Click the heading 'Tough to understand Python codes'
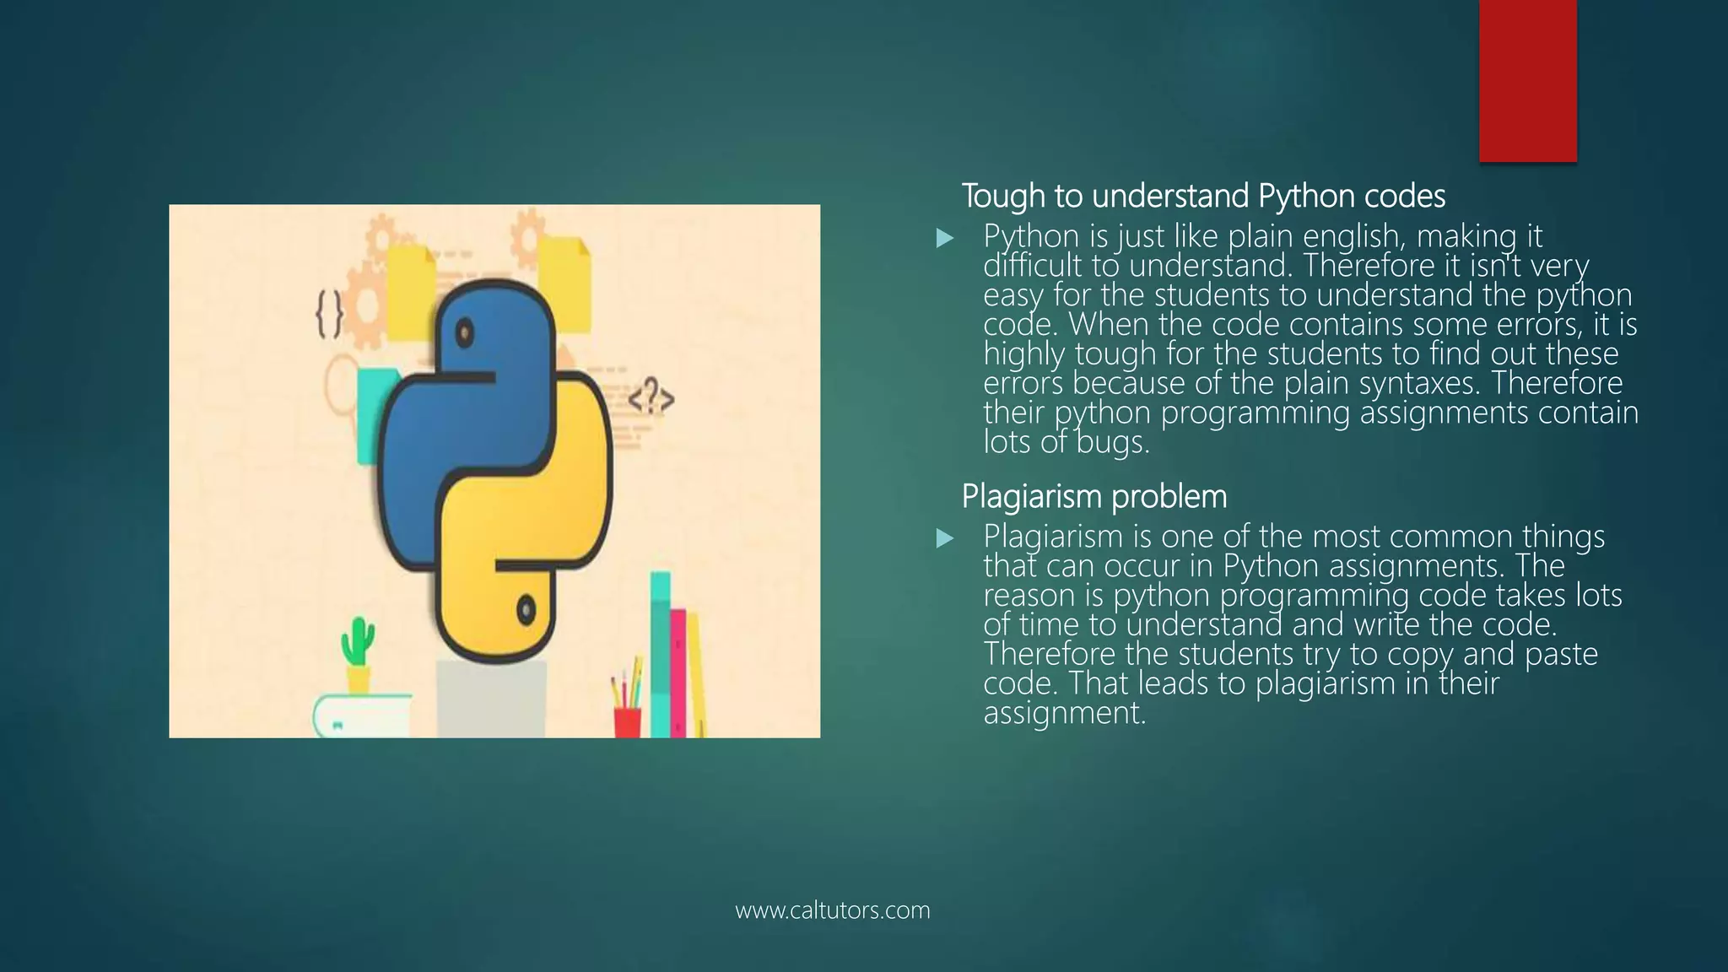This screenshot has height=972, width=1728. coord(1203,197)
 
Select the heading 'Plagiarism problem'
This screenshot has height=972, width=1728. coord(1094,497)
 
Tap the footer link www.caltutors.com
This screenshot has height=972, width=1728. coord(832,910)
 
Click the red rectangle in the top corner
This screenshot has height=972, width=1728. coord(1527,81)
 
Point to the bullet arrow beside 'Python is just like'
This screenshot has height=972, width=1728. coord(945,238)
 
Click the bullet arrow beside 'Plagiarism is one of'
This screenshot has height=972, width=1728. coord(945,538)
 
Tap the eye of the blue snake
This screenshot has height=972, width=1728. coord(464,335)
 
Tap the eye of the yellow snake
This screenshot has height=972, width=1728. coord(526,608)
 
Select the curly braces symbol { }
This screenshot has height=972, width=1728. coord(329,315)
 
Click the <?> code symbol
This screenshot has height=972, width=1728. coord(651,398)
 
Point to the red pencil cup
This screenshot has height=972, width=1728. coord(627,721)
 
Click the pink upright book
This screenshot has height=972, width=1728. coord(678,672)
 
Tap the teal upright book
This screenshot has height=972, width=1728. coord(660,654)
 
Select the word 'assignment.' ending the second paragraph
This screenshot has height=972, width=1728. coord(1065,713)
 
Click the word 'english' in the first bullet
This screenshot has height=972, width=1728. coord(1353,236)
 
